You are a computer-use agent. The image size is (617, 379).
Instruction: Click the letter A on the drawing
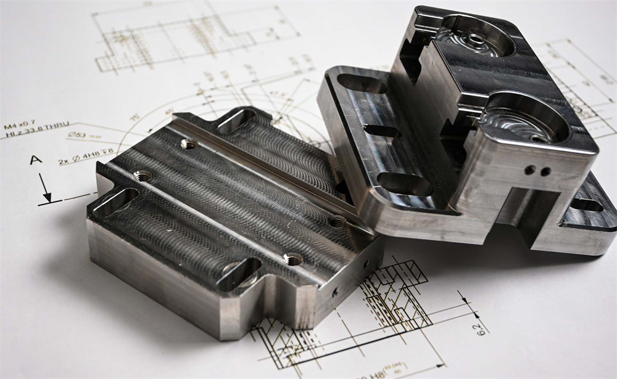(x=36, y=160)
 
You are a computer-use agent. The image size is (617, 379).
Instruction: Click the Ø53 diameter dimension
(x=78, y=137)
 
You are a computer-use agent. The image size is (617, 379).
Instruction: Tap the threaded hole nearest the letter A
(x=141, y=176)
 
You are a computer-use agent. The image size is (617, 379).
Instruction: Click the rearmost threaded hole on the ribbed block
(x=189, y=144)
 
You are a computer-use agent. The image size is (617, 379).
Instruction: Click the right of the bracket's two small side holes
(x=544, y=171)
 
